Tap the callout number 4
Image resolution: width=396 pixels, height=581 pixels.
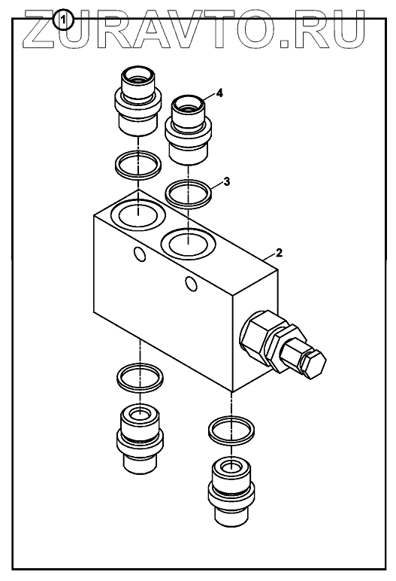click(219, 93)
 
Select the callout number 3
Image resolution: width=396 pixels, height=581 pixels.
click(227, 182)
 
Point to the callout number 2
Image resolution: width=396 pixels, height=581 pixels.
click(279, 253)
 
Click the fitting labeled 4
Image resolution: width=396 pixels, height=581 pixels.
click(188, 129)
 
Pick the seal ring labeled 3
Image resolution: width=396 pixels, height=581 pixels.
click(189, 194)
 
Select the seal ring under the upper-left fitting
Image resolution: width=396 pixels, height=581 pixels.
click(138, 166)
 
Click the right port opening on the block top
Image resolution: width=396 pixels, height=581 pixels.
click(189, 244)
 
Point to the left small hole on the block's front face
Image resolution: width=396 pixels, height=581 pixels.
click(140, 254)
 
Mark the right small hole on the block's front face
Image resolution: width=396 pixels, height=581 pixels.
click(191, 284)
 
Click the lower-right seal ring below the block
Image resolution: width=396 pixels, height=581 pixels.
click(231, 430)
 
